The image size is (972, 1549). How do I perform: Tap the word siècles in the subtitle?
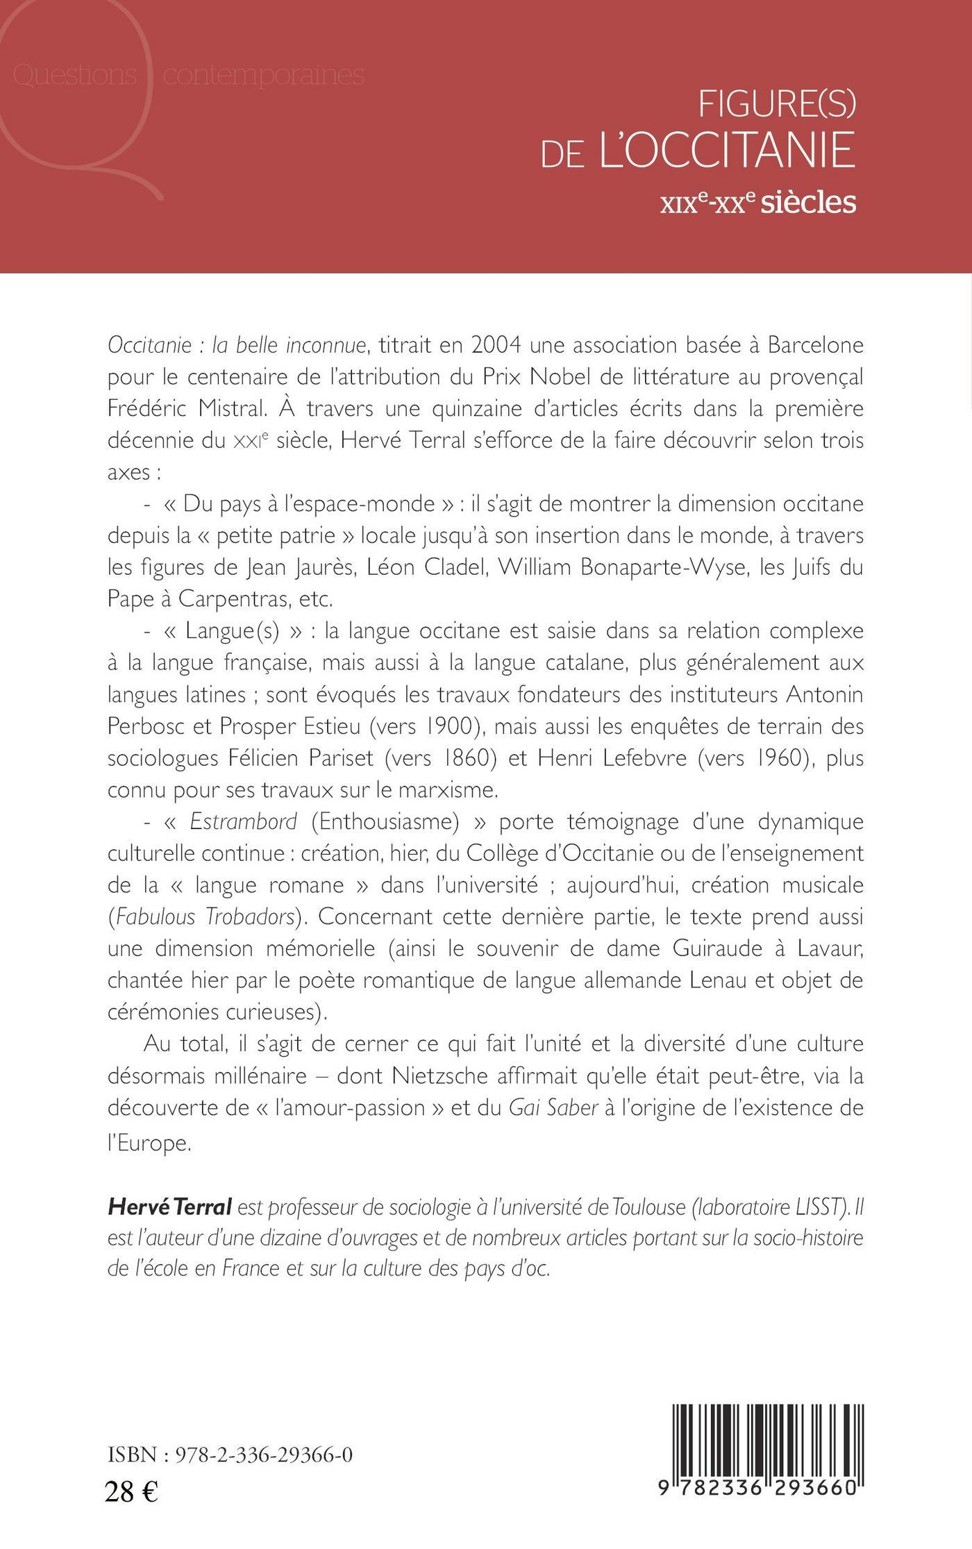pyautogui.click(x=808, y=201)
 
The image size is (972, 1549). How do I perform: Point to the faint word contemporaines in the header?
pyautogui.click(x=263, y=75)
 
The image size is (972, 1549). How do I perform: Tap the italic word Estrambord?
pyautogui.click(x=243, y=821)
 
